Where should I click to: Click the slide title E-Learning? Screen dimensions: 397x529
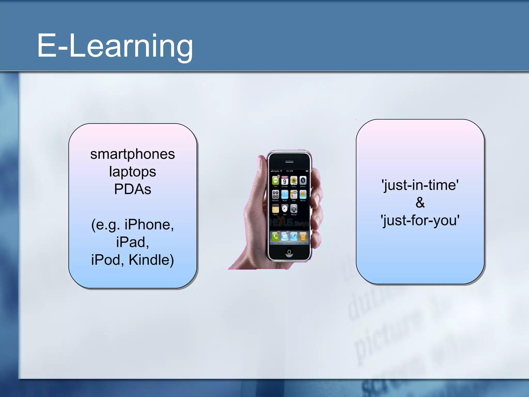pyautogui.click(x=115, y=46)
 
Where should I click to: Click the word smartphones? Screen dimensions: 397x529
pyautogui.click(x=133, y=154)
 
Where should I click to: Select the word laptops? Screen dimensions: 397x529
pyautogui.click(x=133, y=172)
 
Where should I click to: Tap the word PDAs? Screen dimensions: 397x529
pyautogui.click(x=133, y=189)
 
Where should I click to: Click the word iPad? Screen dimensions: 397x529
pyautogui.click(x=133, y=242)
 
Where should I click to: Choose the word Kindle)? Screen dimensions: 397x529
pyautogui.click(x=151, y=260)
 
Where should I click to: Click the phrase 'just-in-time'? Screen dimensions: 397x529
pyautogui.click(x=420, y=185)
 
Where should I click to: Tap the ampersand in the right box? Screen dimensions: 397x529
pyautogui.click(x=420, y=203)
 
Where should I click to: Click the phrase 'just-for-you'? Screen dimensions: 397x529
pyautogui.click(x=420, y=220)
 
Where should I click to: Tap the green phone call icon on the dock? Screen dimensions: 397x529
pyautogui.click(x=276, y=236)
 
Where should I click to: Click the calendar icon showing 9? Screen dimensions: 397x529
pyautogui.click(x=285, y=181)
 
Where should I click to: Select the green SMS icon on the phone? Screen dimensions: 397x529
pyautogui.click(x=276, y=181)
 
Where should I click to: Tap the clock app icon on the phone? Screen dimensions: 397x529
pyautogui.click(x=285, y=209)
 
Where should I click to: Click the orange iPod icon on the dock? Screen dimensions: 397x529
pyautogui.click(x=303, y=236)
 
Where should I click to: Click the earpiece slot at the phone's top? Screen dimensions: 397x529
pyautogui.click(x=289, y=162)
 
